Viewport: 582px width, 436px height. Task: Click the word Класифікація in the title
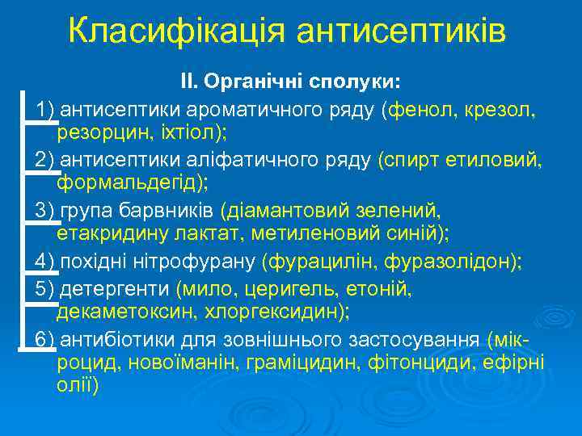tap(177, 31)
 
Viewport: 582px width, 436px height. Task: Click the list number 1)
tap(45, 110)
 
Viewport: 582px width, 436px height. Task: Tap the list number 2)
tap(45, 161)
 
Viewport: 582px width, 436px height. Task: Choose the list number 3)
tap(45, 211)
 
